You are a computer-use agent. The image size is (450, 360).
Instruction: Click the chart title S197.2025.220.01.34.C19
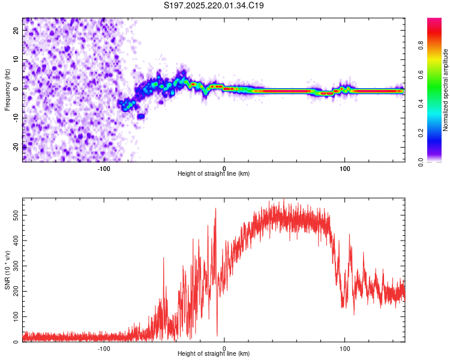coord(214,5)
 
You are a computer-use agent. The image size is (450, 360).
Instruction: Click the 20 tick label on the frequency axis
coord(16,30)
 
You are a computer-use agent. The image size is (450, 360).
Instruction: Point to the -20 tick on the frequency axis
coord(16,147)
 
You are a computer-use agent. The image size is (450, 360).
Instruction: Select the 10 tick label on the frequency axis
coord(16,59)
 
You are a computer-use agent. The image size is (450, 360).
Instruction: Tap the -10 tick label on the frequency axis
coord(16,118)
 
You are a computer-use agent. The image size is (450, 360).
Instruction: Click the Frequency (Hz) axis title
coord(7,90)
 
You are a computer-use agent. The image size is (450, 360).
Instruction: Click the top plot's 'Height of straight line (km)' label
coord(214,173)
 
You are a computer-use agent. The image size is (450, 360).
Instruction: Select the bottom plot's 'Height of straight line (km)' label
coord(214,353)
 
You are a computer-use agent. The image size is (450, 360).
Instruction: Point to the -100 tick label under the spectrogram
coord(104,169)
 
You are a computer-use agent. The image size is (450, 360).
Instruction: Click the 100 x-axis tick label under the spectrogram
coord(344,169)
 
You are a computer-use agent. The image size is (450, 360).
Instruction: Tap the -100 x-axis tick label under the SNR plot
coord(104,349)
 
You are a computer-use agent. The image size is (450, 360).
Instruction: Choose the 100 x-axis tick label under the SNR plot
coord(344,349)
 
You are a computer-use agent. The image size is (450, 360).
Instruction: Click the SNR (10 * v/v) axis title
coord(7,270)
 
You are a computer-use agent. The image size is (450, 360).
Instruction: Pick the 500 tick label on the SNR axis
coord(16,215)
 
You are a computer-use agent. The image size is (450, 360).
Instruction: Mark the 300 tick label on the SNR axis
coord(16,266)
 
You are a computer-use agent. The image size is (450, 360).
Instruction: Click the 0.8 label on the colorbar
coord(421,46)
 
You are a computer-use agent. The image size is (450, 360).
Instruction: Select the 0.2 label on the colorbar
coord(421,133)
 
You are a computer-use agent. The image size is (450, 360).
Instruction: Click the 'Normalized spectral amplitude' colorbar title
coord(445,90)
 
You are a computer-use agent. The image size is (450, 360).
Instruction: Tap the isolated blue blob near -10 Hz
coord(141,116)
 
